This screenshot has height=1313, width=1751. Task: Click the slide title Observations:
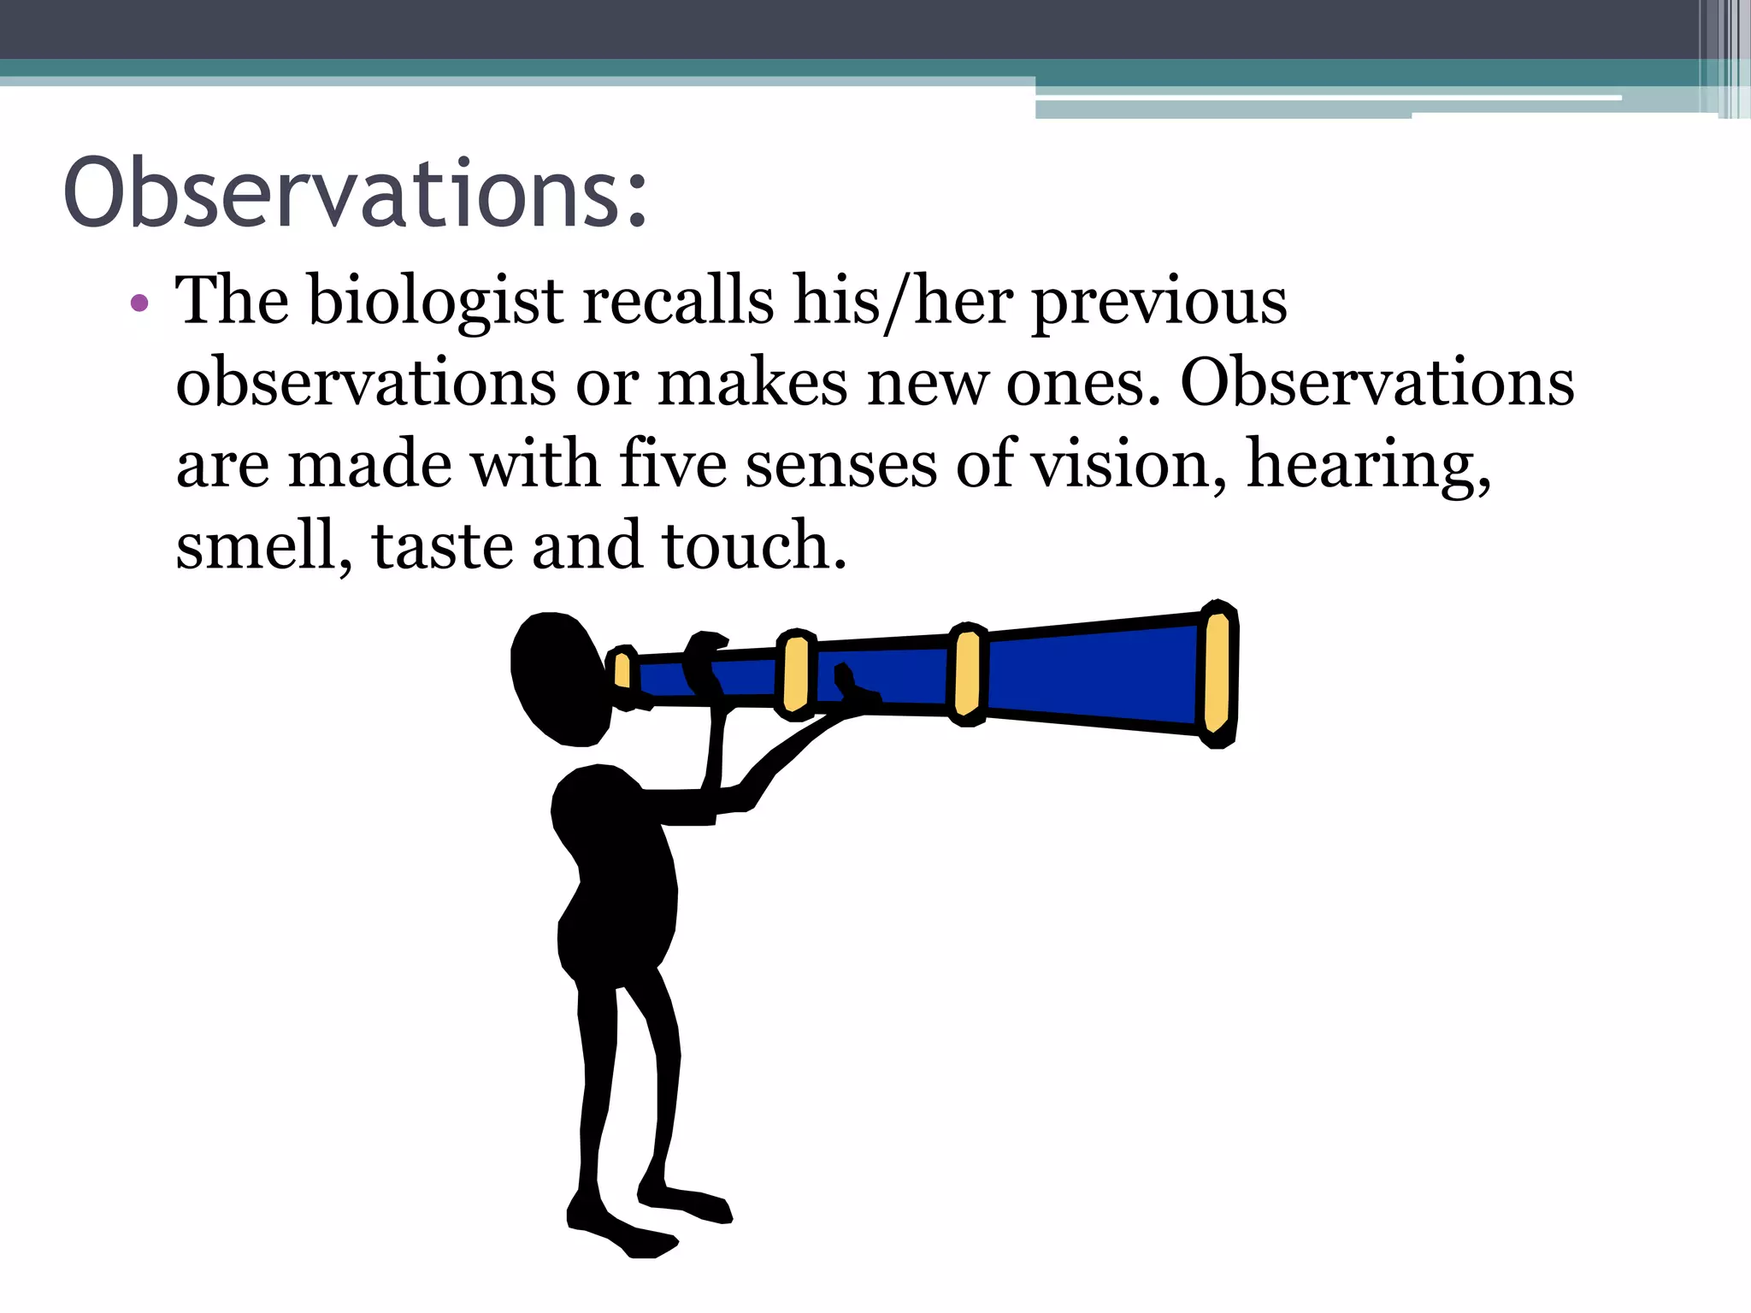[x=355, y=193]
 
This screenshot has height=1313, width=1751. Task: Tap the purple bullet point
[x=139, y=303]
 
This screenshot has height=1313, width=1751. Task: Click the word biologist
[x=435, y=303]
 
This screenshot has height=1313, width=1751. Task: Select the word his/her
[x=903, y=303]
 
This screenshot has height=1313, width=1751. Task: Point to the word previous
[x=1159, y=304]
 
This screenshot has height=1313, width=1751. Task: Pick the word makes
[x=752, y=383]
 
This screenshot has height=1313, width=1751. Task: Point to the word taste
[x=442, y=545]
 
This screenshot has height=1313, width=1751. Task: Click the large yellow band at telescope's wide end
[x=1217, y=674]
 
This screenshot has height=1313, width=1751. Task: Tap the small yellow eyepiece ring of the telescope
[x=622, y=671]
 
